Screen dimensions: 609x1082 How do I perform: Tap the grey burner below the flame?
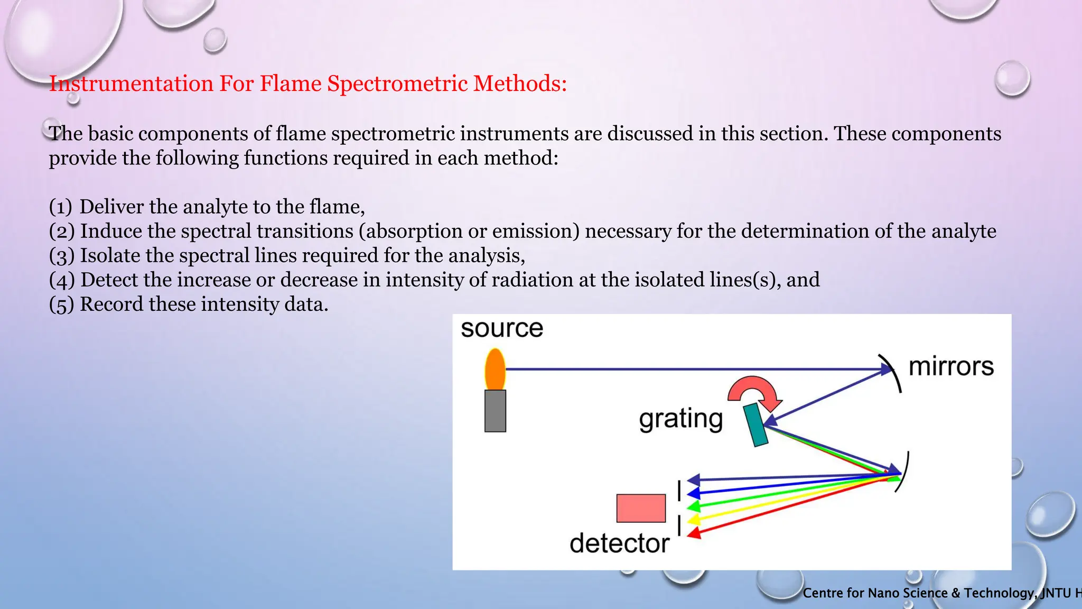[495, 411]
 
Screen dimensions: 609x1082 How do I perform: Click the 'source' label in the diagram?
[501, 328]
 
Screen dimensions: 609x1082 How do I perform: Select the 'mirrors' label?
[950, 366]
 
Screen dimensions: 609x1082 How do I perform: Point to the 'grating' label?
[680, 419]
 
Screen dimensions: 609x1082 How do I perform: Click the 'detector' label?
[619, 543]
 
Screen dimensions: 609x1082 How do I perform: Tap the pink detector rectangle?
[641, 508]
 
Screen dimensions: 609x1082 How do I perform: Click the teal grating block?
[756, 425]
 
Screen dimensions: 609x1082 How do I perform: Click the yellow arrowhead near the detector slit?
[693, 520]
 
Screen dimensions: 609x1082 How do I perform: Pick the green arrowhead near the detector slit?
[693, 506]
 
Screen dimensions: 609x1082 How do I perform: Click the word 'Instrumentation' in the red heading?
[130, 84]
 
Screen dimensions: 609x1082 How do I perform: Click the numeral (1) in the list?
[60, 207]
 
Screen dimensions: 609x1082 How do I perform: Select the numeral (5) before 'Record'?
[61, 304]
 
